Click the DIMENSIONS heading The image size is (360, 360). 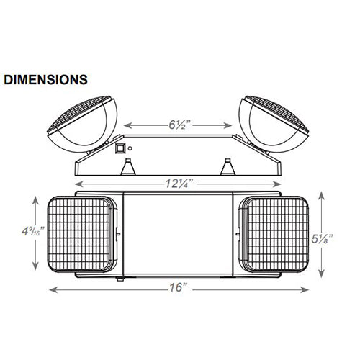tap(45, 80)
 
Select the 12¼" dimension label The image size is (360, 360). tap(179, 184)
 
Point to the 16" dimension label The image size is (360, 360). tap(178, 287)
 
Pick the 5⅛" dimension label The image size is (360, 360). tap(323, 239)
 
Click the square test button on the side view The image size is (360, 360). tap(120, 148)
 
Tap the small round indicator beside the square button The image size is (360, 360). tap(130, 148)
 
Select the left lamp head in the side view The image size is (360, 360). tap(82, 125)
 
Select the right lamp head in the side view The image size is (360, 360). tap(274, 125)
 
